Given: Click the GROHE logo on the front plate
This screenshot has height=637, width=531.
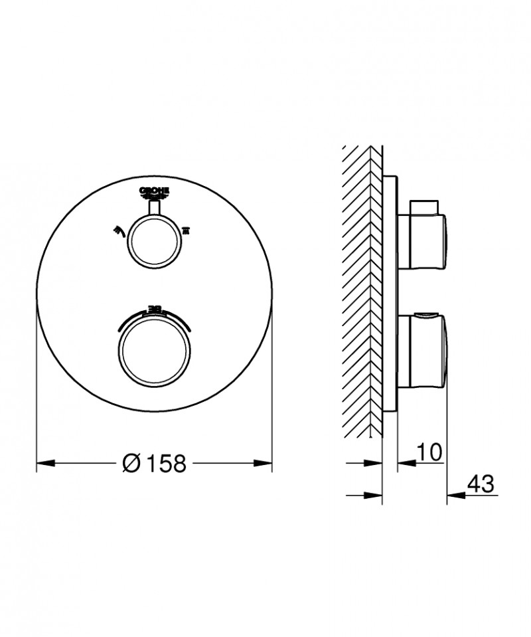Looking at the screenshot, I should tap(155, 192).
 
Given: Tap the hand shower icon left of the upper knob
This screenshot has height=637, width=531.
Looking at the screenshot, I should tap(120, 230).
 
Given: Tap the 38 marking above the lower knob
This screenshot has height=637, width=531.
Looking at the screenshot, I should tap(154, 308).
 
